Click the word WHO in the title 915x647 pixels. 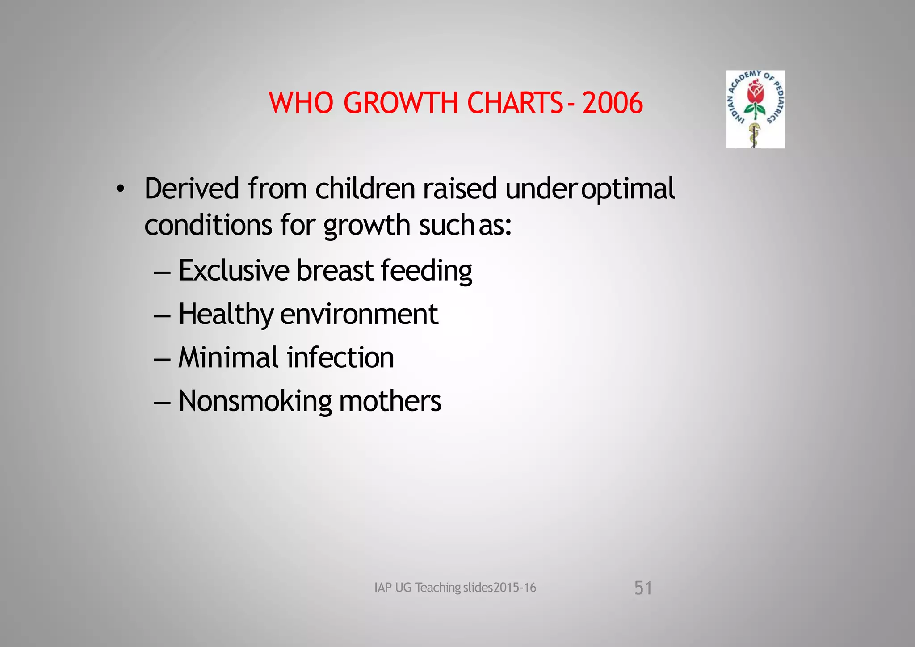pyautogui.click(x=301, y=103)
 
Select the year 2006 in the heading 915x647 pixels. pyautogui.click(x=613, y=103)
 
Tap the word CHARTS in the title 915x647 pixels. pyautogui.click(x=515, y=103)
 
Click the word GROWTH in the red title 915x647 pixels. pyautogui.click(x=401, y=103)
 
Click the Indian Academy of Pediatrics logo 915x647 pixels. pyautogui.click(x=755, y=109)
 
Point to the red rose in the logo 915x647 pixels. pyautogui.click(x=755, y=92)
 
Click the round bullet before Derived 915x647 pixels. pyautogui.click(x=119, y=189)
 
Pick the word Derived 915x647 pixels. pyautogui.click(x=192, y=189)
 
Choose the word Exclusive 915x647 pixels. pyautogui.click(x=234, y=270)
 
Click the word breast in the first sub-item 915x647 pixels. pyautogui.click(x=335, y=270)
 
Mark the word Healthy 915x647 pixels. pyautogui.click(x=226, y=315)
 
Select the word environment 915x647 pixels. pyautogui.click(x=359, y=315)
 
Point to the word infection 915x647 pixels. pyautogui.click(x=340, y=357)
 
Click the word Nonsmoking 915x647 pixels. pyautogui.click(x=255, y=401)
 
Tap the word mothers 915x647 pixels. pyautogui.click(x=390, y=401)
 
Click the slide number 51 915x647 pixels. pyautogui.click(x=643, y=588)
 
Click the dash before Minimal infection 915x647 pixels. pyautogui.click(x=162, y=359)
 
